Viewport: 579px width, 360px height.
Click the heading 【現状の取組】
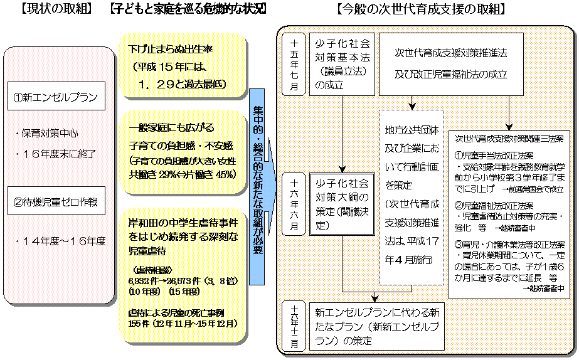[x=56, y=9]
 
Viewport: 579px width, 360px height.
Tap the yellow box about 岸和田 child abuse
[x=183, y=273]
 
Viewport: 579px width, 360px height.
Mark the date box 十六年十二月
[x=294, y=326]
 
